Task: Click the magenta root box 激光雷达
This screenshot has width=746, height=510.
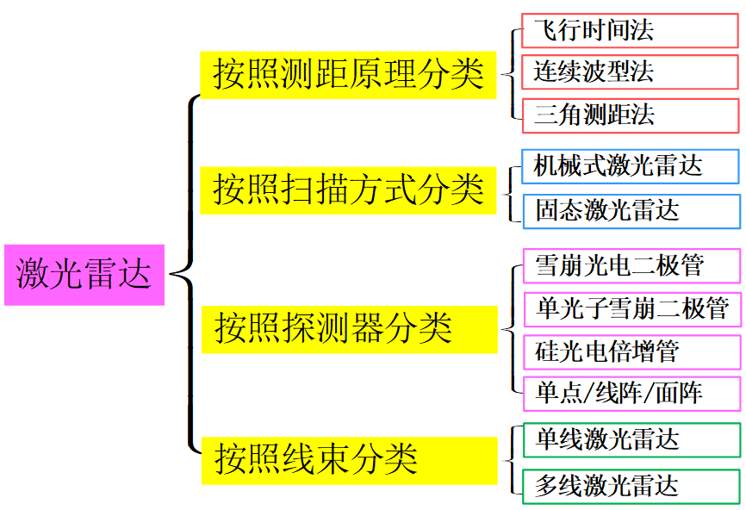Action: pyautogui.click(x=84, y=275)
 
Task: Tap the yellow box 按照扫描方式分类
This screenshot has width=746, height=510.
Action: pyautogui.click(x=349, y=190)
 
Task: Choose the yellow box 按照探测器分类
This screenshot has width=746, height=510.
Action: pyautogui.click(x=349, y=328)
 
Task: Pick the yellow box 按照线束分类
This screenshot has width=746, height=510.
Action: pyautogui.click(x=349, y=459)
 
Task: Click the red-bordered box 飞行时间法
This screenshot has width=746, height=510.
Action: pyautogui.click(x=630, y=32)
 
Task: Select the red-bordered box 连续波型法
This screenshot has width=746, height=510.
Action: pyautogui.click(x=630, y=72)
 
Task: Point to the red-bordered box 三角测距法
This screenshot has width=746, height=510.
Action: pyautogui.click(x=630, y=115)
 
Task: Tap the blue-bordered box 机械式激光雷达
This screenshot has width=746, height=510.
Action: pyautogui.click(x=631, y=166)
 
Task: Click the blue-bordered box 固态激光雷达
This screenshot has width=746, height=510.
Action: pyautogui.click(x=631, y=210)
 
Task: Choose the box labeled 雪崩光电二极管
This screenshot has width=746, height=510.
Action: pyautogui.click(x=631, y=265)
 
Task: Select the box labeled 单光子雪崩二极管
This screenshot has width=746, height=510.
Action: pyautogui.click(x=631, y=308)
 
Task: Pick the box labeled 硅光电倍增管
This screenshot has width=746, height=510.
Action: pyautogui.click(x=631, y=351)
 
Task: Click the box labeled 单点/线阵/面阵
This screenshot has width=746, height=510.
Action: pyautogui.click(x=631, y=394)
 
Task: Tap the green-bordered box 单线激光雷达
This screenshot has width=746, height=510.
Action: pyautogui.click(x=631, y=440)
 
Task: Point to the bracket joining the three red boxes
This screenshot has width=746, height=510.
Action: pyautogui.click(x=512, y=72)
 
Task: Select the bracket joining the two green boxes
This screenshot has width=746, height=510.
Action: pyautogui.click(x=512, y=462)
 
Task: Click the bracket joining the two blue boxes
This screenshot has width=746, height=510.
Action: pyautogui.click(x=512, y=189)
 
